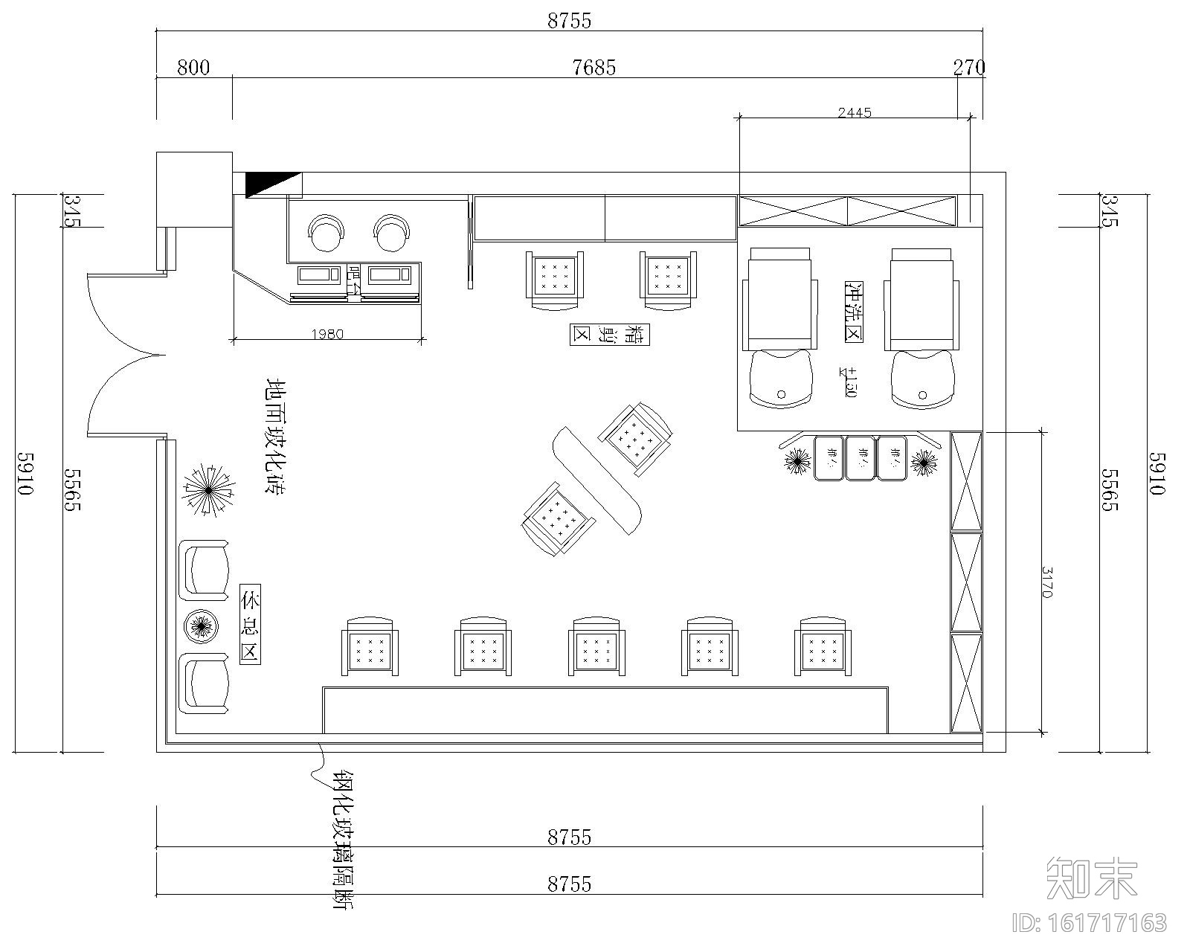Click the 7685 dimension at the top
pos(594,68)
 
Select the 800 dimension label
pos(193,68)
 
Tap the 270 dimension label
pos(969,68)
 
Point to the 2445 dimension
pos(855,113)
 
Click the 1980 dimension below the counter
pos(327,334)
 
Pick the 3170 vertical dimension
pos(1047,582)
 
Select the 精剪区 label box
pos(610,335)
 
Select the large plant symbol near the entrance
pos(209,491)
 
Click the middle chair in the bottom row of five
pos(596,647)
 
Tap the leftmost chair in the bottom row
pos(370,647)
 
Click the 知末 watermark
pos(1092,878)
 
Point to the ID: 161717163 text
pos(1090,923)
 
